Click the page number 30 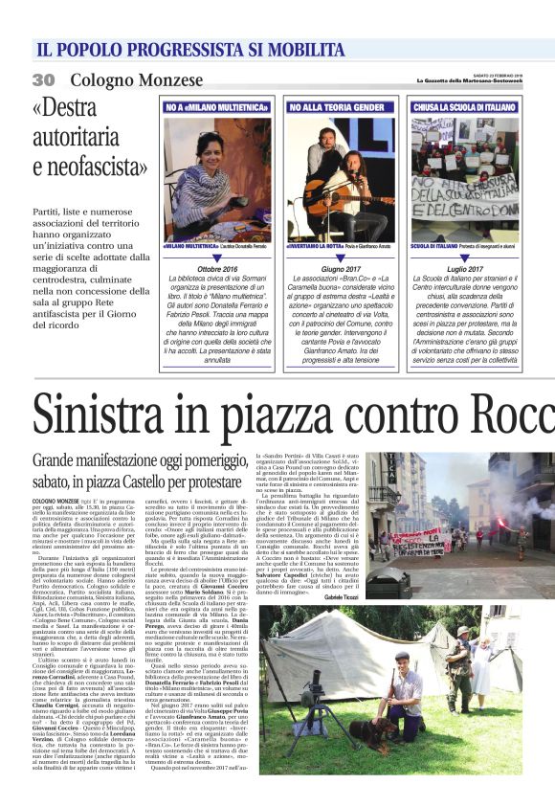[44, 78]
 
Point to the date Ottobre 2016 [218, 270]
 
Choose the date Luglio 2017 [465, 270]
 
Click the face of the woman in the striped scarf [203, 152]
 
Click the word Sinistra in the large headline [106, 414]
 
